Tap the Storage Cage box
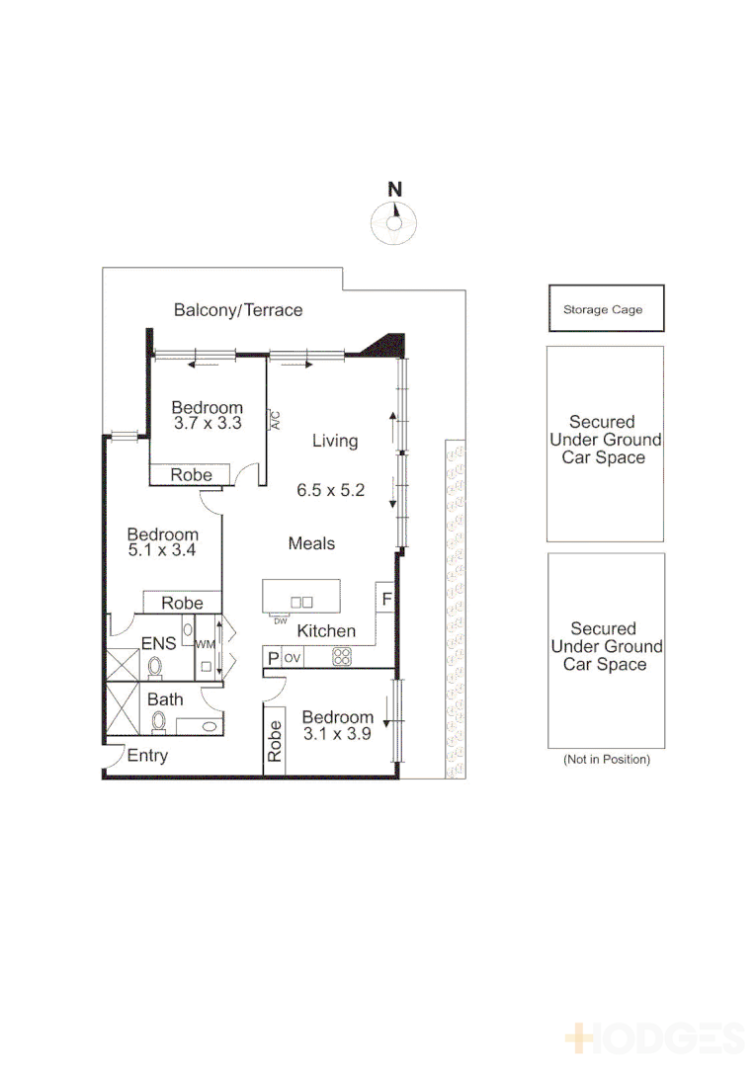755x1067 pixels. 606,309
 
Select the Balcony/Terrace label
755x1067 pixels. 238,310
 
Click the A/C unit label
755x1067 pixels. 275,420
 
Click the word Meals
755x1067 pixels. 311,543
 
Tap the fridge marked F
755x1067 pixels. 386,599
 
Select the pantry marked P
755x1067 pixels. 272,657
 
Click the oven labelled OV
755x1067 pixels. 293,657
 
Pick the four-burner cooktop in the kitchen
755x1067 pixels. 342,656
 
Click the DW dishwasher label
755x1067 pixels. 280,620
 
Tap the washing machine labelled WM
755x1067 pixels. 206,644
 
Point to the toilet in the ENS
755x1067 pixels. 155,667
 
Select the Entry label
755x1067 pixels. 148,756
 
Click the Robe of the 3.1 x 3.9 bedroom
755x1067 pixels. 275,738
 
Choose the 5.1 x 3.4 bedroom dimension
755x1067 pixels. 162,551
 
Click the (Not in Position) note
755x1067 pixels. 606,760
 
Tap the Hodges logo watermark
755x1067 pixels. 654,1037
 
